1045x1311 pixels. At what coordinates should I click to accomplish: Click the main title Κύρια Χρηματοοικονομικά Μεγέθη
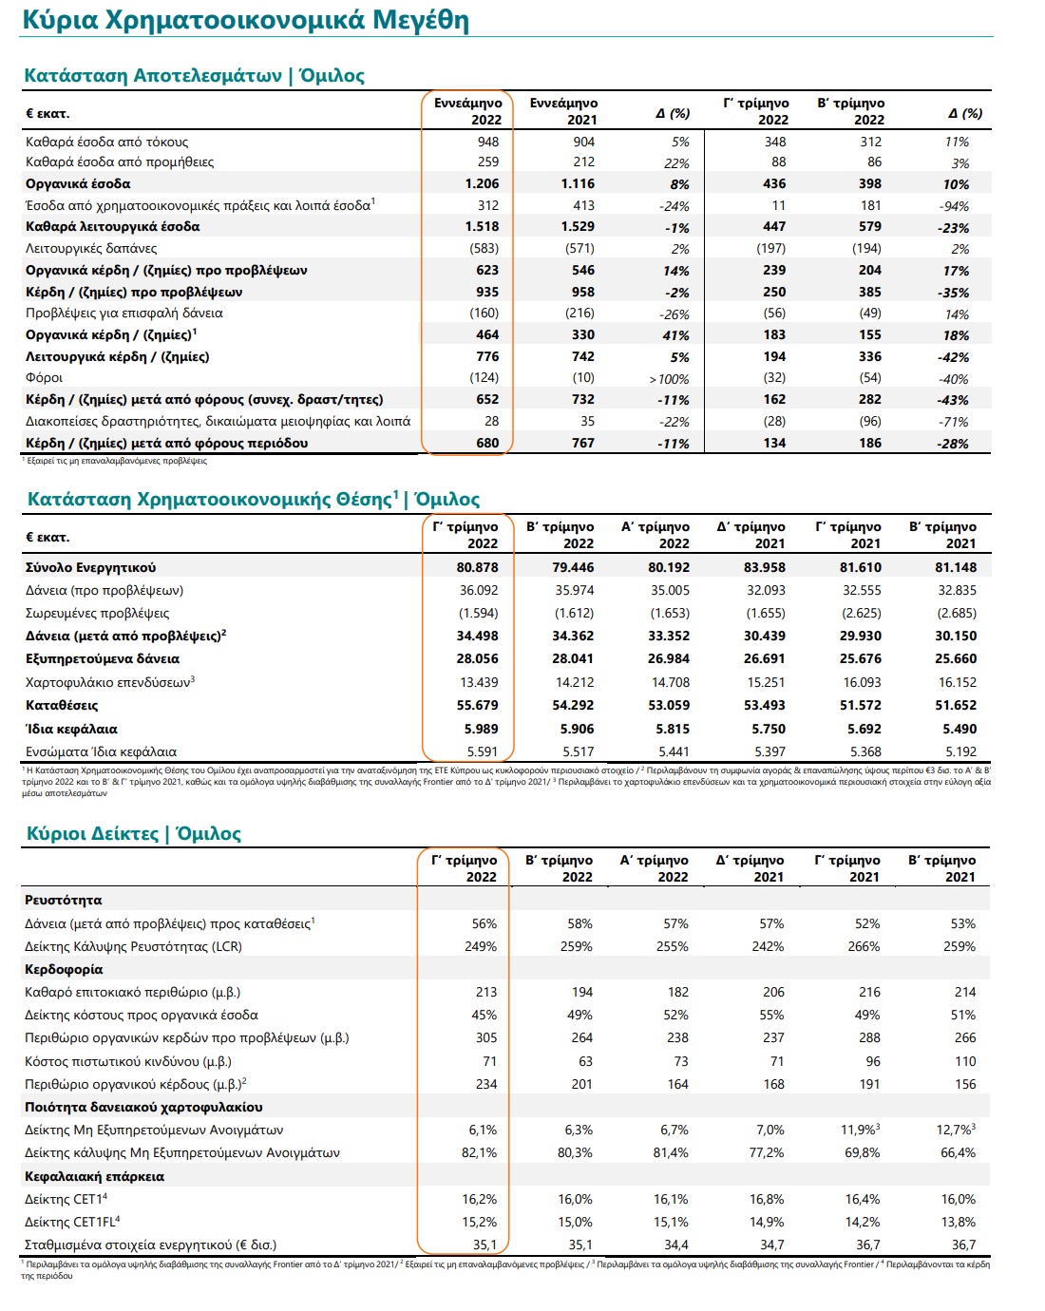(x=245, y=20)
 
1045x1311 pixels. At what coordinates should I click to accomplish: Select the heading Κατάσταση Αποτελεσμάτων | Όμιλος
(x=194, y=76)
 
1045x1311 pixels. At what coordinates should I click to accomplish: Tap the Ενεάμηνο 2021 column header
(x=563, y=111)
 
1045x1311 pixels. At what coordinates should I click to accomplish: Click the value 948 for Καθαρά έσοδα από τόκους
(x=488, y=142)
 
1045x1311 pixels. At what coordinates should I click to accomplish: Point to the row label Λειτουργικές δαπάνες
(x=91, y=249)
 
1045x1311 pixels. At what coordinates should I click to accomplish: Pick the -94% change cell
(x=953, y=206)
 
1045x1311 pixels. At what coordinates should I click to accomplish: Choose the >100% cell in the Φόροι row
(x=669, y=379)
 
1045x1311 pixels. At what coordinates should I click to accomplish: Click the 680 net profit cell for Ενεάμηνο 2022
(x=487, y=443)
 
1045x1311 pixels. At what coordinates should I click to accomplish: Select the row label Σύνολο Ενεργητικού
(x=91, y=567)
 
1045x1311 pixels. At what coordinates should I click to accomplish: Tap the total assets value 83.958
(x=764, y=567)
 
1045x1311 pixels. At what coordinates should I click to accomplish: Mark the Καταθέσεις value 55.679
(x=477, y=705)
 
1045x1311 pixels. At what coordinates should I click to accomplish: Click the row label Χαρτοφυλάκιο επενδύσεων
(x=109, y=682)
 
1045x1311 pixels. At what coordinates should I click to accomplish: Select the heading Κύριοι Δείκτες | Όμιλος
(x=133, y=833)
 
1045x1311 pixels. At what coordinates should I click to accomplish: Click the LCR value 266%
(x=864, y=946)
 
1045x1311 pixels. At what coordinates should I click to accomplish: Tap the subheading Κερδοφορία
(x=64, y=969)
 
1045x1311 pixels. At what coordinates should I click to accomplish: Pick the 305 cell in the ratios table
(x=486, y=1037)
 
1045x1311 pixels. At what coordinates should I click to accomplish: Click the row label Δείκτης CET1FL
(x=72, y=1222)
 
